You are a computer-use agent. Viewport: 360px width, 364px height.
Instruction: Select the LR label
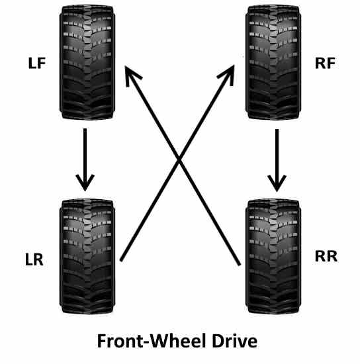pyautogui.click(x=34, y=259)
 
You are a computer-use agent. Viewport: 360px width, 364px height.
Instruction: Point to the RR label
pyautogui.click(x=326, y=256)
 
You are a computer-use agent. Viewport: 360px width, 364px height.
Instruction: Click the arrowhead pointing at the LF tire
pyautogui.click(x=132, y=73)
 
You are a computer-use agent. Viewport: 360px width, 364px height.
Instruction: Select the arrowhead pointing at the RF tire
pyautogui.click(x=228, y=73)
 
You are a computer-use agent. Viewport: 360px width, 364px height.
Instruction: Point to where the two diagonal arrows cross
pyautogui.click(x=180, y=160)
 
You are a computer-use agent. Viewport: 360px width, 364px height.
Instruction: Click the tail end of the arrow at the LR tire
pyautogui.click(x=121, y=260)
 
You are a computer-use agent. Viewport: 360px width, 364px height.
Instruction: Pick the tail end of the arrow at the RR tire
pyautogui.click(x=239, y=265)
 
